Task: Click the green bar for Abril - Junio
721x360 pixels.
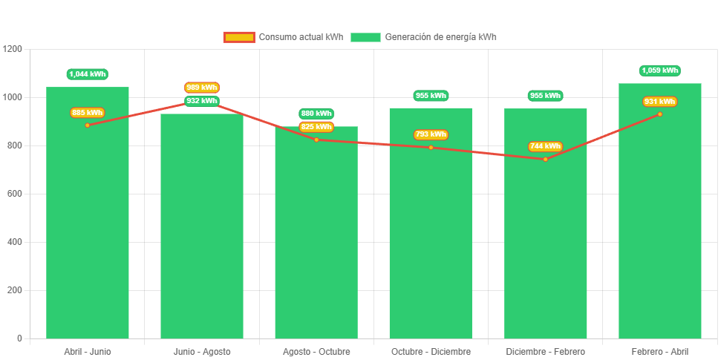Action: [x=88, y=223]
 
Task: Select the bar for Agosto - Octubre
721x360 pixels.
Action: [x=316, y=238]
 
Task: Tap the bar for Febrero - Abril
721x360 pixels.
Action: [x=659, y=223]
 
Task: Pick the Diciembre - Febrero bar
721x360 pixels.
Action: [x=545, y=238]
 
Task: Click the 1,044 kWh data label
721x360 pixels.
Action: [x=88, y=74]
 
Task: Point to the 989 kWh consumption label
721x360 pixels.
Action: [x=202, y=88]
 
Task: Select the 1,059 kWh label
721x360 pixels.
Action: [x=659, y=71]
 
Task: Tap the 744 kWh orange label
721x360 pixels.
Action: [x=545, y=146]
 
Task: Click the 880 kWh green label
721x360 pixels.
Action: [x=316, y=114]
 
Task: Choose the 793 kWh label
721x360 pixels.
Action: [x=431, y=134]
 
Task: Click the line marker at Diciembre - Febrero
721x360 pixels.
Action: [x=545, y=159]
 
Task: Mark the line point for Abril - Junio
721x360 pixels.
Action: [x=88, y=125]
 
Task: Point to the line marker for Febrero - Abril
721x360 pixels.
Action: [x=659, y=114]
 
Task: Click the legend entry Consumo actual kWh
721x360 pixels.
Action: [x=284, y=37]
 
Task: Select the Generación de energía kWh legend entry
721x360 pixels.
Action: [x=424, y=37]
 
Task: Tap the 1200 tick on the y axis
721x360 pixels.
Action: [x=13, y=49]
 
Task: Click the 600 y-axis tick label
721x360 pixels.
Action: [x=15, y=194]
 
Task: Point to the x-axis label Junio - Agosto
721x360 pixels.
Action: [x=202, y=351]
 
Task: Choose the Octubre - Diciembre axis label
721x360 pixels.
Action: [x=431, y=351]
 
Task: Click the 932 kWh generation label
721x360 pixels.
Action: [x=202, y=101]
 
